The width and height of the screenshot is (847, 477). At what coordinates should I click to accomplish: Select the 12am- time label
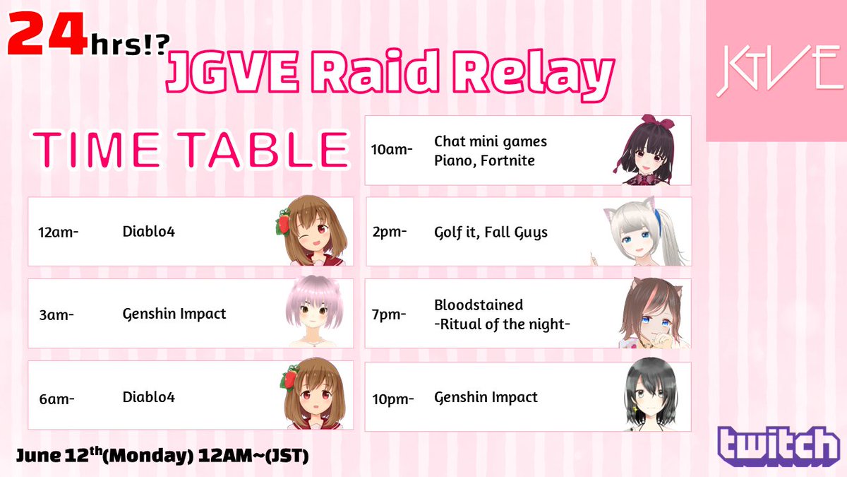[x=59, y=232]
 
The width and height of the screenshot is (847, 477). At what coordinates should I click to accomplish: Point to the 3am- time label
[x=57, y=314]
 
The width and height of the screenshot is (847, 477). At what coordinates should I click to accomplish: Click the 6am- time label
[x=57, y=398]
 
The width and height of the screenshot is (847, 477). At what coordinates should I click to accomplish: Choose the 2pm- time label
[x=390, y=232]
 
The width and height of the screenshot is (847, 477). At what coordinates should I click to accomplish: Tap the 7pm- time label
[x=390, y=314]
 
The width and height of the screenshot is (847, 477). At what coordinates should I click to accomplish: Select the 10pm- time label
[x=393, y=398]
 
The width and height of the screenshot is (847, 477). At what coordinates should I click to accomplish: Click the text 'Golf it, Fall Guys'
[x=491, y=232]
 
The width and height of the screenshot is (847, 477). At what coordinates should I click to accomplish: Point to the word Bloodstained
[x=479, y=305]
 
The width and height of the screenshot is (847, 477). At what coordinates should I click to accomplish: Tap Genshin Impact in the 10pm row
[x=486, y=397]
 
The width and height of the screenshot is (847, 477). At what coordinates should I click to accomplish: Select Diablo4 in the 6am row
[x=148, y=397]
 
